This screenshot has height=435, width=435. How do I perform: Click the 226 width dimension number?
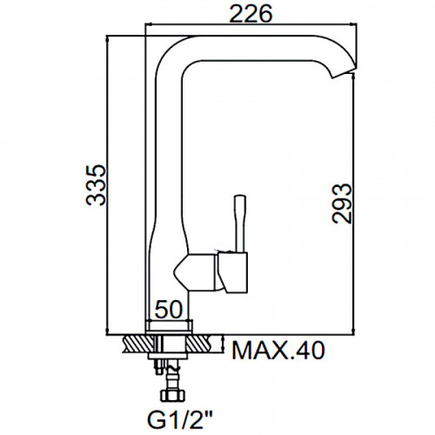point(251,13)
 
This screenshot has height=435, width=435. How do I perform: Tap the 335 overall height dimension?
point(96,185)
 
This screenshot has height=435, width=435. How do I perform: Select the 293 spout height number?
point(342,203)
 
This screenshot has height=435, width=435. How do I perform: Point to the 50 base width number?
point(169,310)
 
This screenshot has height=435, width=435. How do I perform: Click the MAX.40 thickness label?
point(278,351)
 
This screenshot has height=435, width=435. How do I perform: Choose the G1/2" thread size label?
point(180,420)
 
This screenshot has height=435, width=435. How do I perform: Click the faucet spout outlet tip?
point(344,72)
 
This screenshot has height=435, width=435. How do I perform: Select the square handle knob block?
point(233,272)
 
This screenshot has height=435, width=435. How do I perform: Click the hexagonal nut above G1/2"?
point(172,394)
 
